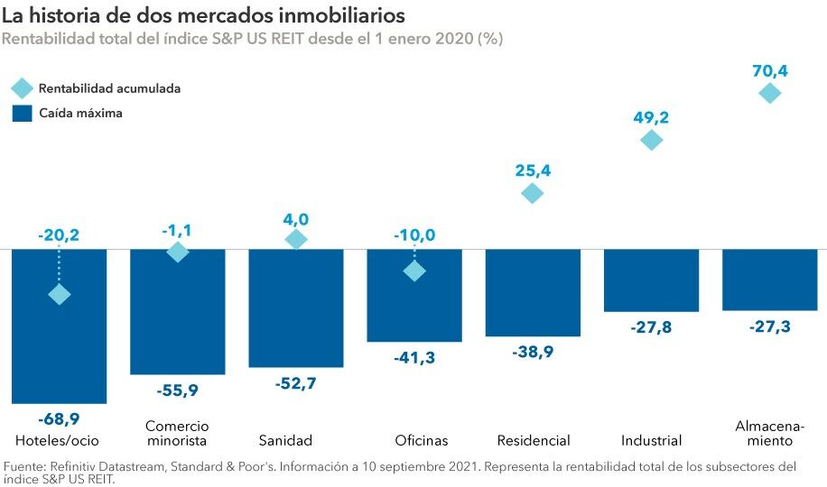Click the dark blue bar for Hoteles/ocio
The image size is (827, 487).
[x=60, y=352]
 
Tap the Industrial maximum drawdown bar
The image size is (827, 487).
[x=651, y=280]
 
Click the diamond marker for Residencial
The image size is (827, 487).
[x=533, y=193]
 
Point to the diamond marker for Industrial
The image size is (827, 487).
[x=651, y=140]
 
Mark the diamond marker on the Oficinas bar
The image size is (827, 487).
[x=414, y=271]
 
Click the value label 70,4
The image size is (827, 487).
[x=770, y=68]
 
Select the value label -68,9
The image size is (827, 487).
[x=59, y=420]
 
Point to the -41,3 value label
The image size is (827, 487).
[x=414, y=358]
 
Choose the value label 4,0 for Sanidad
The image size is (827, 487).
[x=296, y=219]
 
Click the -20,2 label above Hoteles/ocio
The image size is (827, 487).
[x=60, y=235]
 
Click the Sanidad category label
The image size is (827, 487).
[x=285, y=441]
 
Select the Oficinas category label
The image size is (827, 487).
[x=422, y=441]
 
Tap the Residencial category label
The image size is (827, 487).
[x=534, y=441]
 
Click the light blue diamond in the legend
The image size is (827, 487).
[x=22, y=88]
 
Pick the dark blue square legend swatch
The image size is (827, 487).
[x=22, y=114]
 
